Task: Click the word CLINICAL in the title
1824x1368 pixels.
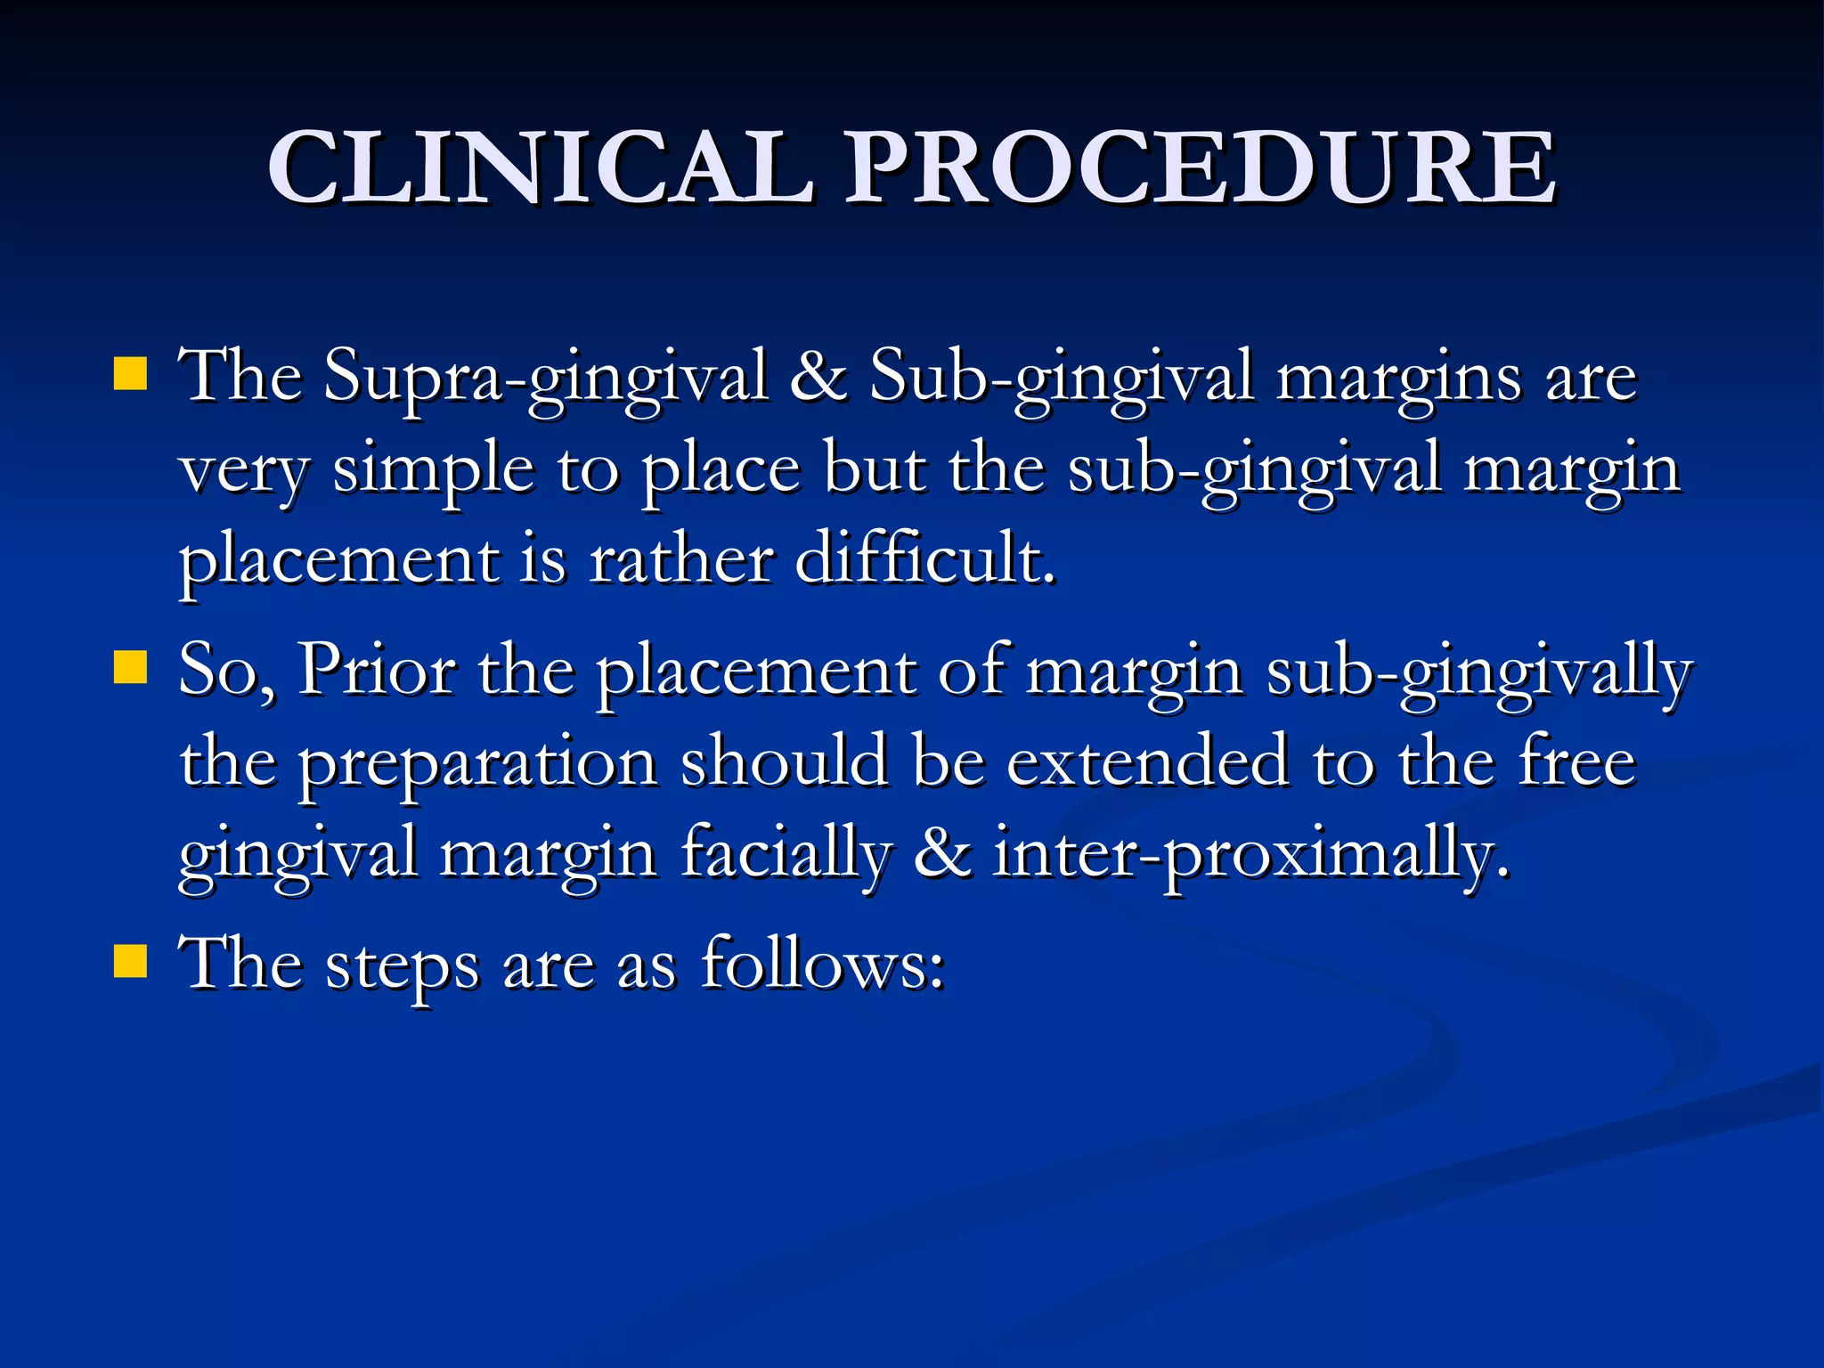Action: point(541,167)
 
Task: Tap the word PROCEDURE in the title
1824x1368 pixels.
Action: point(1201,167)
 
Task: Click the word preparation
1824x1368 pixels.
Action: point(476,764)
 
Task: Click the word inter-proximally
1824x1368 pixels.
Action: point(1252,855)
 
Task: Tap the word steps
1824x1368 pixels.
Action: point(402,967)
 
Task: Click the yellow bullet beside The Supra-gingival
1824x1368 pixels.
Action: point(130,375)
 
